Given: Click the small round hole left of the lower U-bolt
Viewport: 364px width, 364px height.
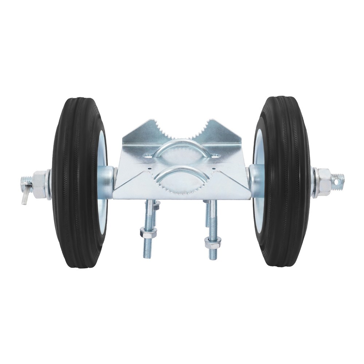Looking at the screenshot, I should point(150,169).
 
